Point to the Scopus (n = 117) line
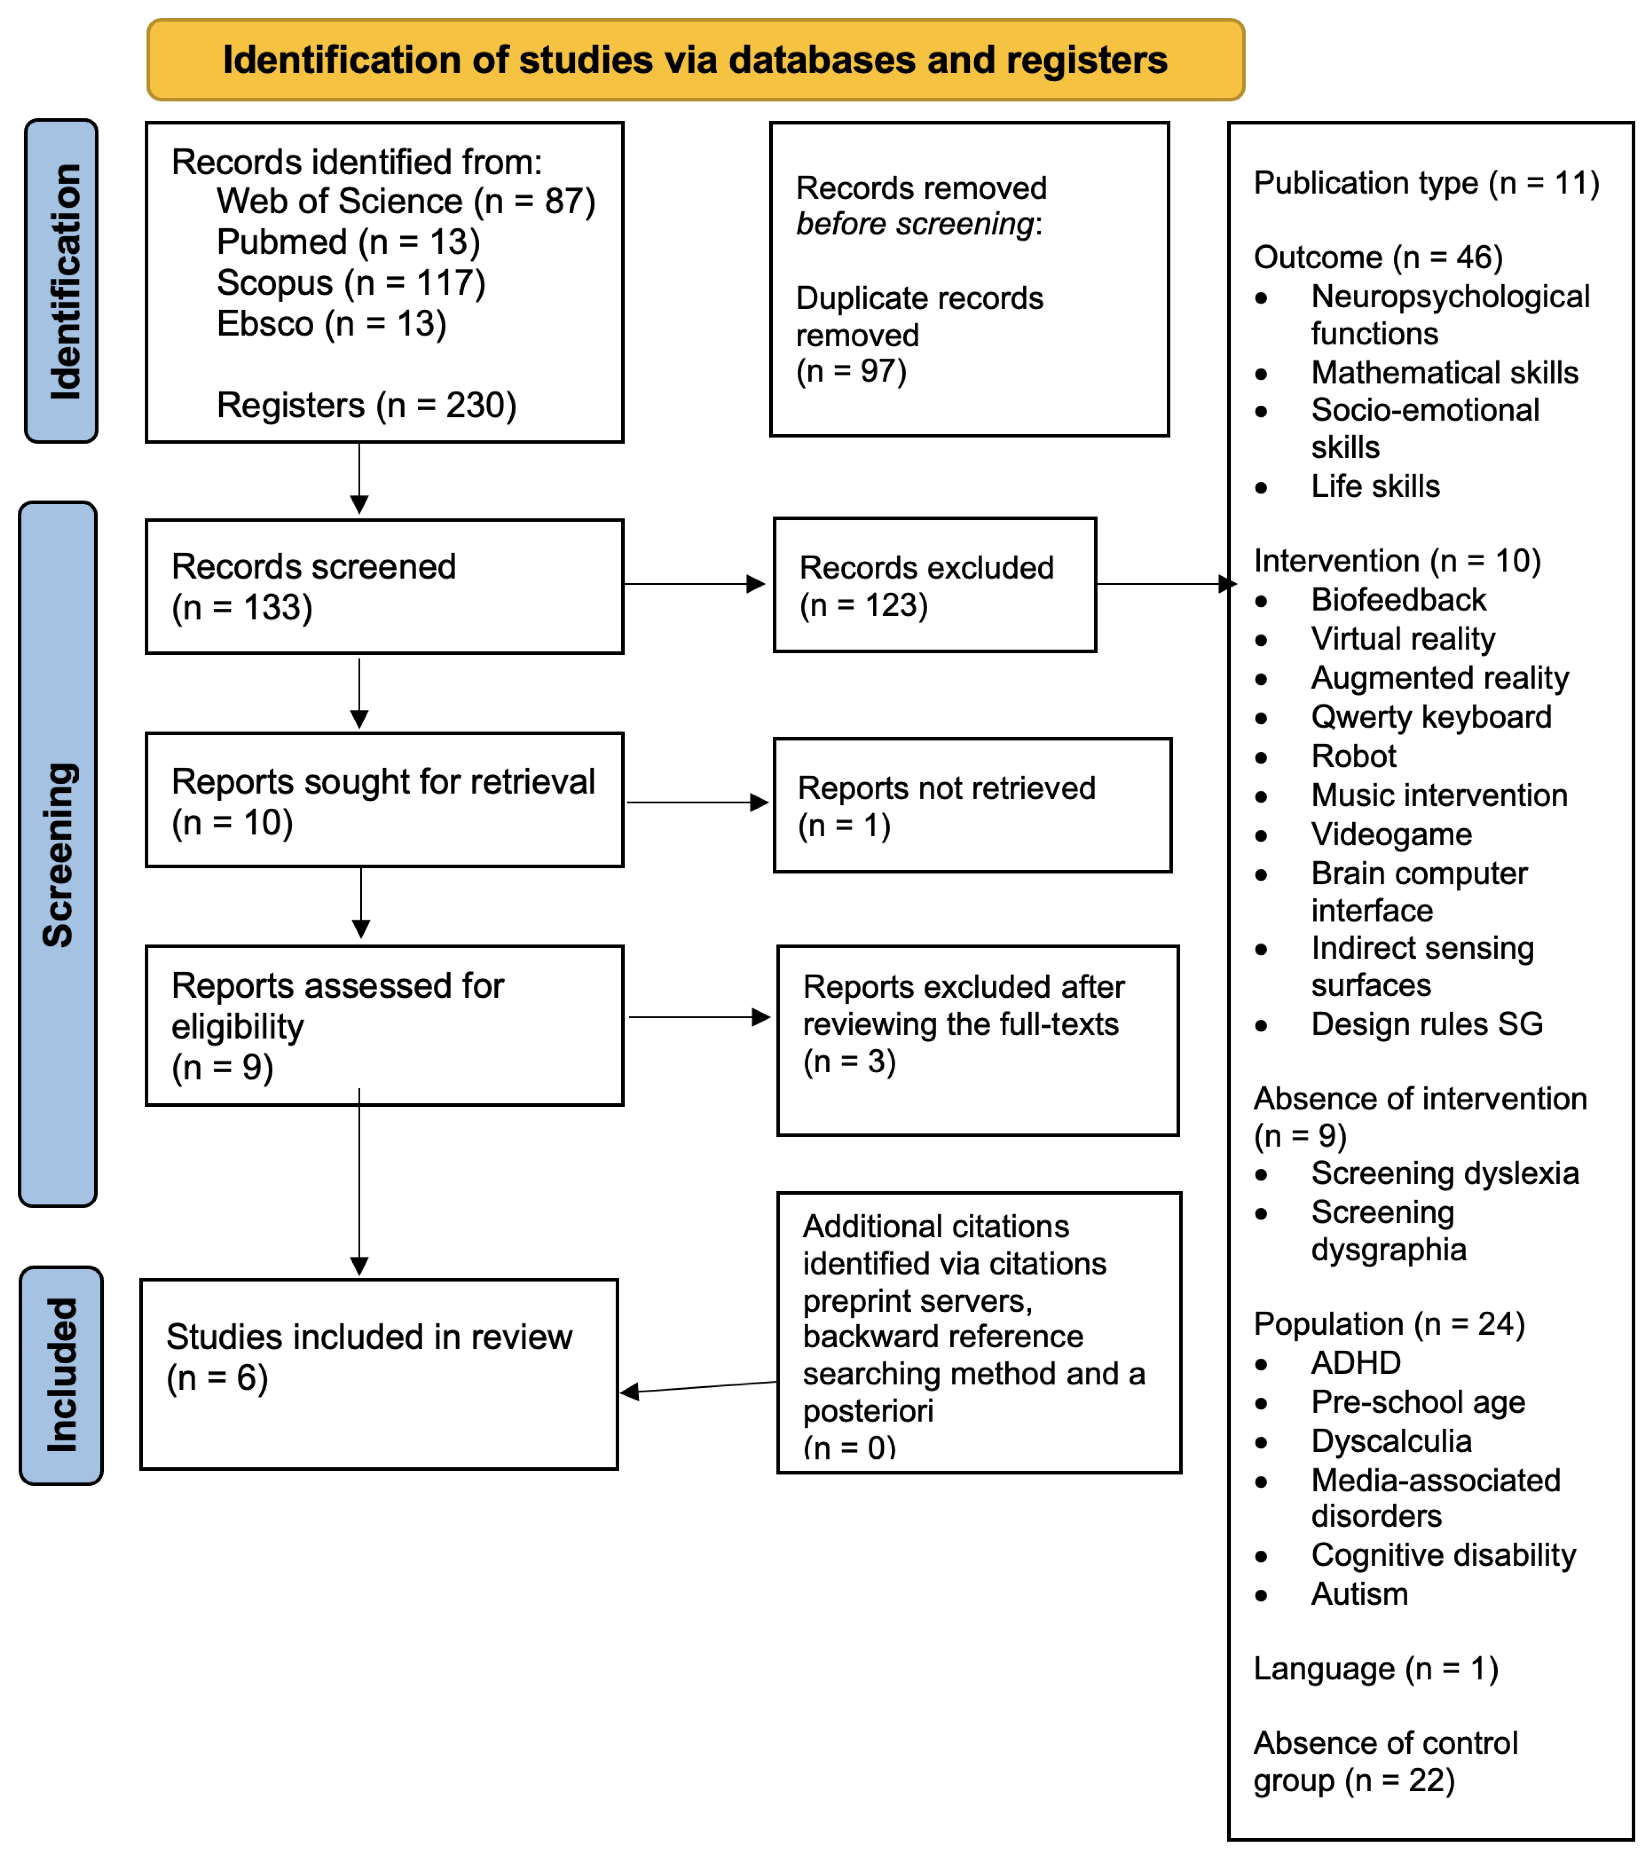click(x=350, y=283)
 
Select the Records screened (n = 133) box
click(x=384, y=587)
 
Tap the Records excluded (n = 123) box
click(x=934, y=586)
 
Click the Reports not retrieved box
click(x=972, y=806)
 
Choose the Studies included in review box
click(x=378, y=1374)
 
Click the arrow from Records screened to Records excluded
click(x=696, y=584)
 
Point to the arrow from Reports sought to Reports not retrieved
click(x=698, y=802)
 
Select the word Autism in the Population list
click(x=1359, y=1594)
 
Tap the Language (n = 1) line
click(x=1375, y=1669)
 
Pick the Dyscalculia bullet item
click(x=1391, y=1442)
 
